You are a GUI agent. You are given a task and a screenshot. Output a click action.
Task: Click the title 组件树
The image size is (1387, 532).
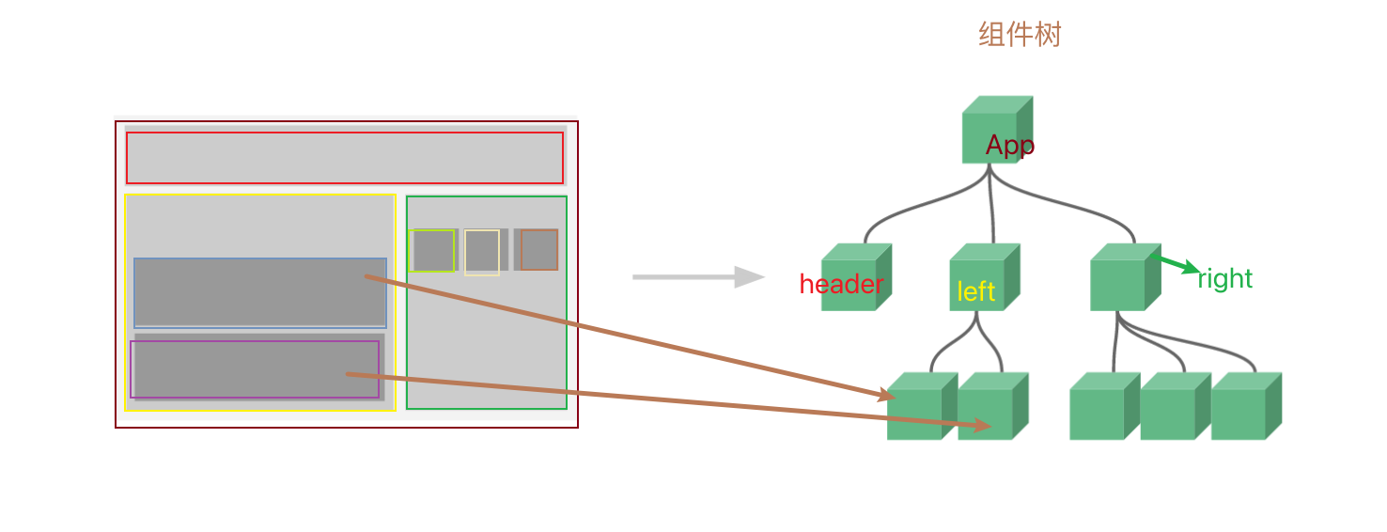click(1020, 36)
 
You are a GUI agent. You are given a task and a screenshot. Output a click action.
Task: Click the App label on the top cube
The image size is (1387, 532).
click(1010, 146)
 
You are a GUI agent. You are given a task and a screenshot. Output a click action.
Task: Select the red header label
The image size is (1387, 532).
click(841, 285)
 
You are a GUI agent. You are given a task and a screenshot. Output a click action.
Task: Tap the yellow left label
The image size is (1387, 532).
click(975, 292)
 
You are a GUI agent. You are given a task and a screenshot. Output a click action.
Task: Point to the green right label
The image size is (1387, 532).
click(1224, 279)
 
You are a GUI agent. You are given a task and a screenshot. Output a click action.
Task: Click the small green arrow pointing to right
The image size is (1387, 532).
click(1179, 264)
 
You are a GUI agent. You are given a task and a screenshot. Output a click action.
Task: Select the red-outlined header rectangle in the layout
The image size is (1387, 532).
click(344, 158)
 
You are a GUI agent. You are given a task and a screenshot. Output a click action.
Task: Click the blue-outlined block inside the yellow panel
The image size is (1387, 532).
click(259, 292)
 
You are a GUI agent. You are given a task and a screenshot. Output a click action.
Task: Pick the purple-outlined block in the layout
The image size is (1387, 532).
click(254, 369)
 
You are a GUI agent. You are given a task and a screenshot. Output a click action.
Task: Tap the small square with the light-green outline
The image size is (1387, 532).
click(432, 250)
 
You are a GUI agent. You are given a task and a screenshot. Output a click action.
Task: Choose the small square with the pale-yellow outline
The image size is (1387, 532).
click(481, 252)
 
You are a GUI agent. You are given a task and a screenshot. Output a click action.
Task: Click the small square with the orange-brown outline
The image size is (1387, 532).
click(539, 250)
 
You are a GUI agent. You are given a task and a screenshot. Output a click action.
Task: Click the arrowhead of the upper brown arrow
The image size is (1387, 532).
click(885, 397)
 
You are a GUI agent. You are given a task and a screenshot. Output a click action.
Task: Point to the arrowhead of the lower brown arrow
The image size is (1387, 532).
click(983, 427)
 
